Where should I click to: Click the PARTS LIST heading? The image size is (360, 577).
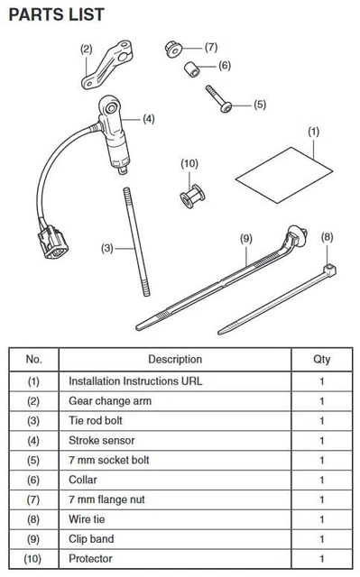(56, 14)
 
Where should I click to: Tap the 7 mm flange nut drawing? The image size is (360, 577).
(173, 49)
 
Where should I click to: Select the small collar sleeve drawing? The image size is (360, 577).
(192, 69)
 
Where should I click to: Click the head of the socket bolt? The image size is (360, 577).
(226, 107)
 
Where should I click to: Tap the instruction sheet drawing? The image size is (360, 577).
(284, 175)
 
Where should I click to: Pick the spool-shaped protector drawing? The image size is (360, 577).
(192, 197)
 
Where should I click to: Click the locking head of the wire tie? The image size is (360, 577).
(329, 271)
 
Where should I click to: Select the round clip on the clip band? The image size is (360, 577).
(297, 235)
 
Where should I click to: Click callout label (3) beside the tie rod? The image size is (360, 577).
(107, 248)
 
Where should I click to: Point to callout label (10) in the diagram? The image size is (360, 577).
(189, 163)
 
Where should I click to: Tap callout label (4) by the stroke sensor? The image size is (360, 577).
(149, 119)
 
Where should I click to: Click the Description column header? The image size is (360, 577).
(175, 359)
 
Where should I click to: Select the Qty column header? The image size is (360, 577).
(322, 359)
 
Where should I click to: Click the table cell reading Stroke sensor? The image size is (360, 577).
(102, 441)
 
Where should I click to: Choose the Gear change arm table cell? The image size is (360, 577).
(110, 400)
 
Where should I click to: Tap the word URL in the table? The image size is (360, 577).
(191, 380)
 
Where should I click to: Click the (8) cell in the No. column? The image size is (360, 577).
(33, 519)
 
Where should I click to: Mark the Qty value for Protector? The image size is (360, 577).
(322, 559)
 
